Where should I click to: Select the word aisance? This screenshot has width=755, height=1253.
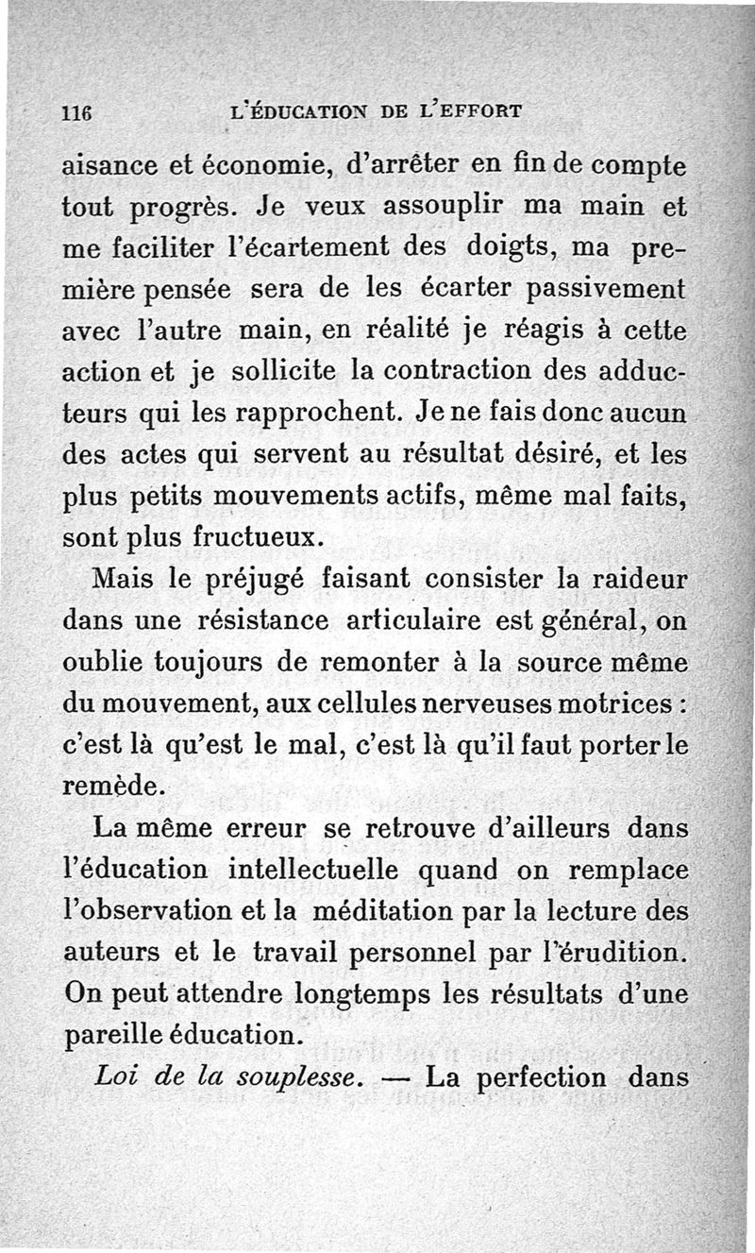pyautogui.click(x=109, y=166)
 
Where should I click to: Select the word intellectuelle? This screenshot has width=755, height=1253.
pyautogui.click(x=315, y=869)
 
